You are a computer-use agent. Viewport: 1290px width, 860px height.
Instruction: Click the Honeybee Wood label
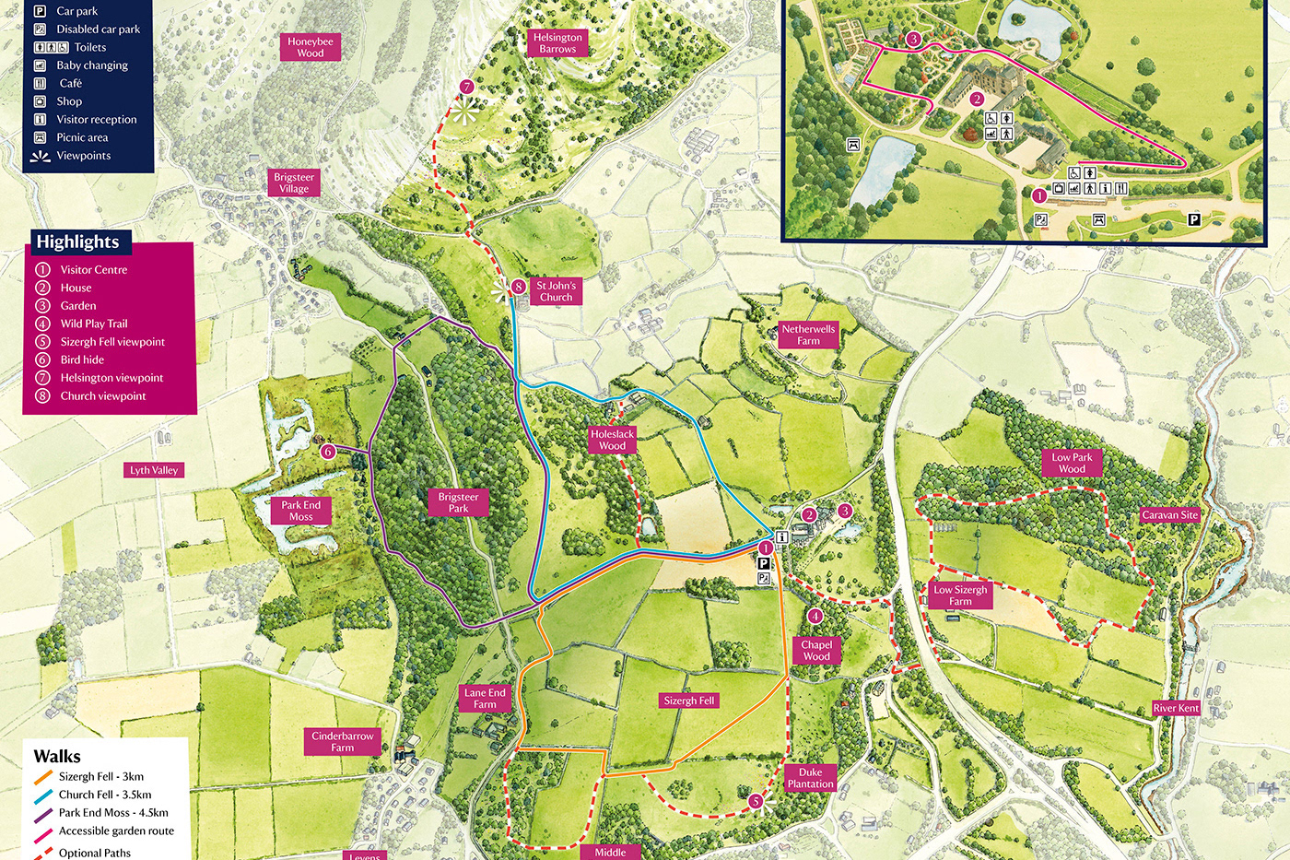pyautogui.click(x=311, y=47)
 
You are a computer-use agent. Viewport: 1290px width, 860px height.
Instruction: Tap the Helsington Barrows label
pyautogui.click(x=557, y=43)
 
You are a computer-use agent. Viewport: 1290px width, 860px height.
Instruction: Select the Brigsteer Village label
pyautogui.click(x=294, y=183)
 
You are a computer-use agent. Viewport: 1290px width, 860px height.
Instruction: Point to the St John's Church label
pyautogui.click(x=556, y=291)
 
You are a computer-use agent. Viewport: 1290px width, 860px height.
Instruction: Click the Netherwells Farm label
pyautogui.click(x=808, y=335)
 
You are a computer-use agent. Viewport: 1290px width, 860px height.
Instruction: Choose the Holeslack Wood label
pyautogui.click(x=612, y=440)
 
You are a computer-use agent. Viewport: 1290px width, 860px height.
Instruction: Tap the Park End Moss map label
pyautogui.click(x=300, y=511)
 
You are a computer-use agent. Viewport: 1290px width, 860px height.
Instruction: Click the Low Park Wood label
pyautogui.click(x=1072, y=463)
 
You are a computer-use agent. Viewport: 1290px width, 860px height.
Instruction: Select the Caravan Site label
pyautogui.click(x=1169, y=515)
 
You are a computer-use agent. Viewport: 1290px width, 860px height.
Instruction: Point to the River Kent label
pyautogui.click(x=1176, y=708)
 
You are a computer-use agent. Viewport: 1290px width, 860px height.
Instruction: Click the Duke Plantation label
pyautogui.click(x=810, y=778)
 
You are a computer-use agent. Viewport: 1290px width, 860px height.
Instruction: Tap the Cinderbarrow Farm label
pyautogui.click(x=342, y=742)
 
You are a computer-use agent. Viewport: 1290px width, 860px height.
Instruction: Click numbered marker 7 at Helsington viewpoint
pyautogui.click(x=466, y=88)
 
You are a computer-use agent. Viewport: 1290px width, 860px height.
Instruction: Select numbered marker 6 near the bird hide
pyautogui.click(x=328, y=452)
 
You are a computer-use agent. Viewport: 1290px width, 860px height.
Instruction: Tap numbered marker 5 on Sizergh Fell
pyautogui.click(x=756, y=801)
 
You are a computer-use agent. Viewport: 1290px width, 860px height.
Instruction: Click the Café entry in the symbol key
pyautogui.click(x=71, y=83)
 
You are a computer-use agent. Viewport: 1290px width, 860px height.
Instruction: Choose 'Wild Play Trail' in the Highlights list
pyautogui.click(x=94, y=324)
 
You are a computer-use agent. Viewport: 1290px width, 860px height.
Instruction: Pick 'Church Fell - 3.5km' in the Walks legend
pyautogui.click(x=104, y=795)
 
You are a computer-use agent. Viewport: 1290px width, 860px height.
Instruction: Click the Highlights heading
pyautogui.click(x=77, y=242)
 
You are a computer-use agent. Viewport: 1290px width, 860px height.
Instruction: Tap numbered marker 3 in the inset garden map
pyautogui.click(x=913, y=39)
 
